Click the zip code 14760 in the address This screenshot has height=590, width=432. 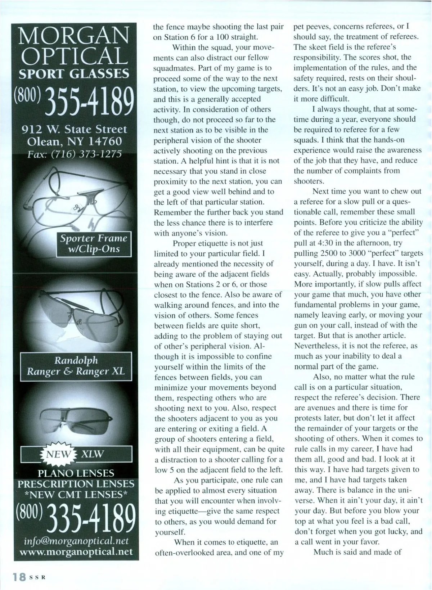[104, 141]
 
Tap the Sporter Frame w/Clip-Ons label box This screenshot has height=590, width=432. [94, 244]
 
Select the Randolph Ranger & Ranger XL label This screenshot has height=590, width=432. [76, 366]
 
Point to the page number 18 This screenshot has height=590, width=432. [19, 577]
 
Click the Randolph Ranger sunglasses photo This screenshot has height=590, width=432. [76, 317]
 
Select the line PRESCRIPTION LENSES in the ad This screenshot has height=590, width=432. [76, 484]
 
